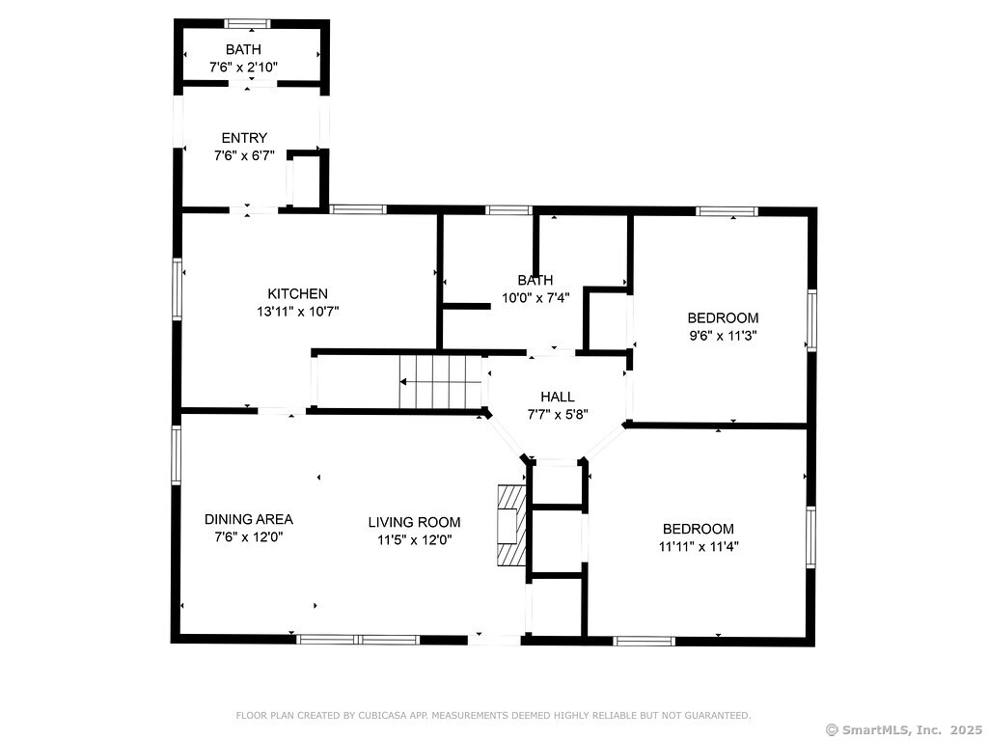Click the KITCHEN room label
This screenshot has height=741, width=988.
tap(297, 293)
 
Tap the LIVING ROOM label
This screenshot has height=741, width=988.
tap(414, 522)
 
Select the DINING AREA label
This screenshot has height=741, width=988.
tap(248, 519)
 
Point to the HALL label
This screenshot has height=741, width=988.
tap(557, 397)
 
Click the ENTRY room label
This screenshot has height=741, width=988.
tap(244, 138)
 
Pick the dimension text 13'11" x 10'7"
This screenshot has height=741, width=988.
tap(297, 312)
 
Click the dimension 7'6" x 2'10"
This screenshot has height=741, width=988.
tap(243, 67)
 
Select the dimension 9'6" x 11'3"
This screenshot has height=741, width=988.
tap(723, 335)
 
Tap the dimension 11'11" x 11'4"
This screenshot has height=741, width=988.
tap(699, 546)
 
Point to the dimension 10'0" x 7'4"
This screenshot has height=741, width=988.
tap(535, 297)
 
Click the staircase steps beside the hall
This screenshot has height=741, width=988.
tap(440, 382)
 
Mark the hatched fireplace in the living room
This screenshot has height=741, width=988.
tap(511, 525)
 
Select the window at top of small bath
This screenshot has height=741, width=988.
tap(248, 24)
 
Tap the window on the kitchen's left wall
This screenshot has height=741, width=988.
tap(178, 289)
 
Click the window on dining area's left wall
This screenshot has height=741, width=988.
tap(176, 455)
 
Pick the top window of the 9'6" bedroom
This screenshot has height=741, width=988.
tap(727, 211)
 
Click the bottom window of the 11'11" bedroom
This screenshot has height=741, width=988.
tap(644, 642)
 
